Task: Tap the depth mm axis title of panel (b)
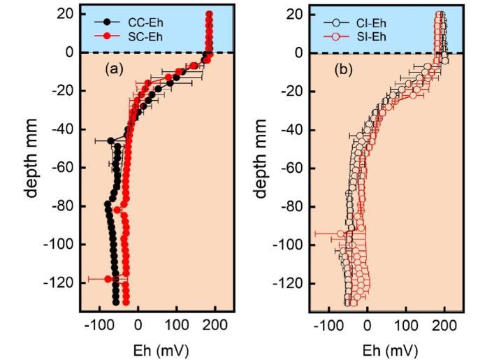[263, 158]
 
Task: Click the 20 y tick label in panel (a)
[67, 14]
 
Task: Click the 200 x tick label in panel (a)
[215, 325]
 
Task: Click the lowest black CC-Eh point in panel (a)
[116, 301]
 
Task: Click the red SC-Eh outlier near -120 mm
[108, 279]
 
